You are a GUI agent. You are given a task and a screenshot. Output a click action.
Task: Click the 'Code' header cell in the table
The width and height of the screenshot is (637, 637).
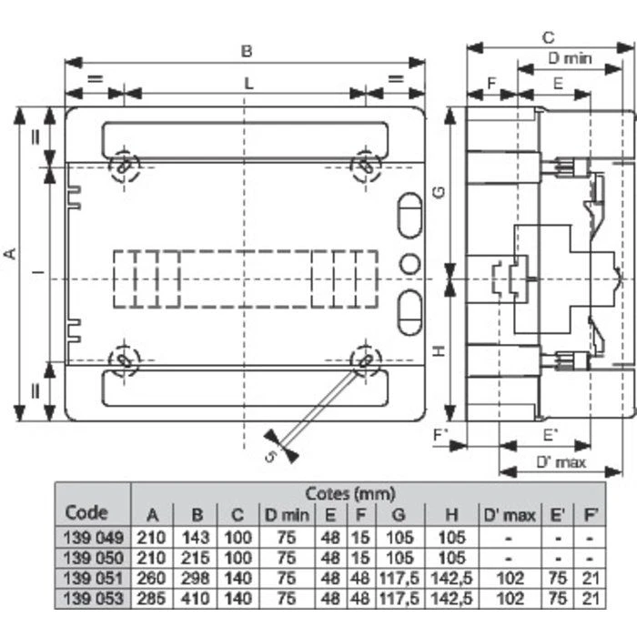pyautogui.click(x=86, y=512)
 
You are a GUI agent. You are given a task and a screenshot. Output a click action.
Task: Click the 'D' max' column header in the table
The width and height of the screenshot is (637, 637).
pyautogui.click(x=509, y=516)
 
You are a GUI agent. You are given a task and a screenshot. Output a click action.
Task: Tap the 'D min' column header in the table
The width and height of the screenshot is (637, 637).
pyautogui.click(x=286, y=516)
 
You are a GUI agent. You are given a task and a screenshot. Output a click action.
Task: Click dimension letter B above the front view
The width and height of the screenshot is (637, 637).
pyautogui.click(x=246, y=52)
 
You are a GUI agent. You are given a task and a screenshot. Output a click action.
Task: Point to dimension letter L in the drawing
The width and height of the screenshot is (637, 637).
pyautogui.click(x=248, y=83)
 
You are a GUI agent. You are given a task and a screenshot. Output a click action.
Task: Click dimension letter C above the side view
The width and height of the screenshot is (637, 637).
pyautogui.click(x=548, y=37)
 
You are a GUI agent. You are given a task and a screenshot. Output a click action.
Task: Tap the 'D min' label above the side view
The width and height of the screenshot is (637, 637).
pyautogui.click(x=571, y=58)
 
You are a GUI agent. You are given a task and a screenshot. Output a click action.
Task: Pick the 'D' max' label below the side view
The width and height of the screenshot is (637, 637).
pyautogui.click(x=559, y=463)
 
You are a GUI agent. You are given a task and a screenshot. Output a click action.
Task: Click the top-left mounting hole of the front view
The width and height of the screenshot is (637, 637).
pyautogui.click(x=124, y=166)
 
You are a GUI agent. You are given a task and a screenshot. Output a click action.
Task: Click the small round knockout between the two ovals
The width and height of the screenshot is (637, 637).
pyautogui.click(x=409, y=263)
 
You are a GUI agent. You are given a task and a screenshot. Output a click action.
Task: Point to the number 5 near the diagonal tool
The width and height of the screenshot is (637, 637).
pyautogui.click(x=271, y=455)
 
